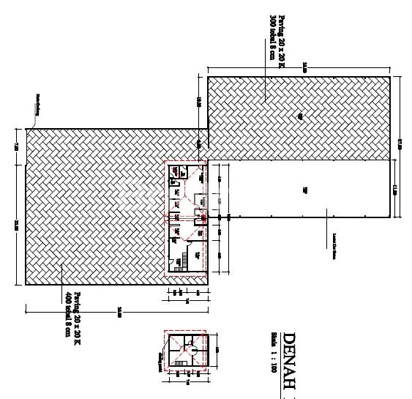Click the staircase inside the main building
coord(187,258)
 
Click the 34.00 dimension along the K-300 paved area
coord(304,68)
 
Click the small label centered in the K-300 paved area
coord(299,116)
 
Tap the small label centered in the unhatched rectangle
coord(304,190)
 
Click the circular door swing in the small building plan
coord(187,351)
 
